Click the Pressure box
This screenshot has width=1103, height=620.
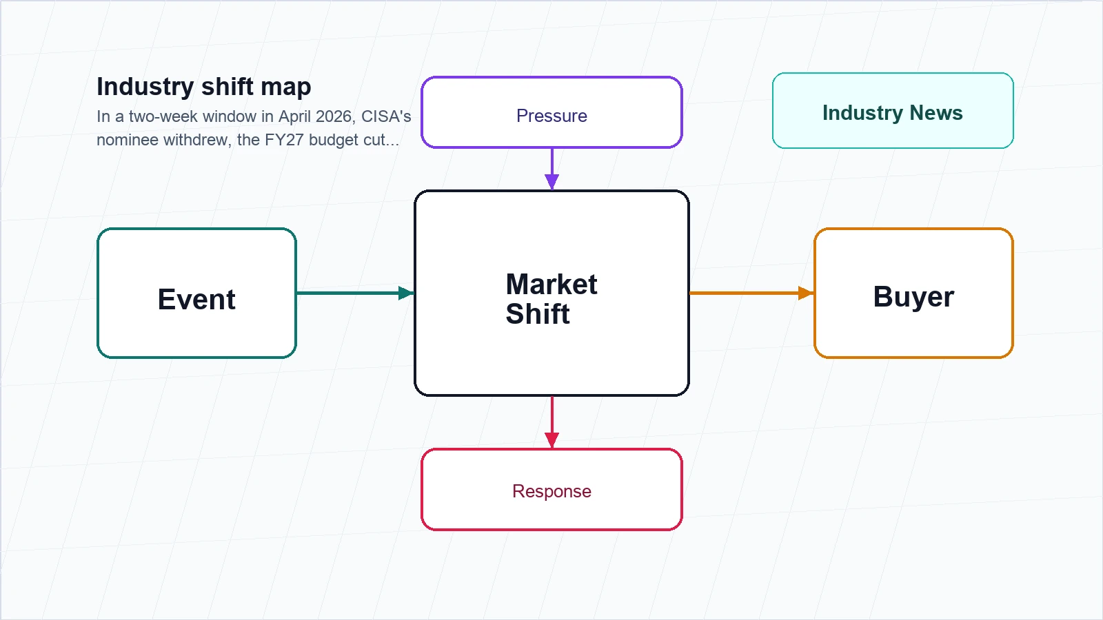point(551,112)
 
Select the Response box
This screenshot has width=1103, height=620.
point(551,490)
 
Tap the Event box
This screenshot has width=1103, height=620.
point(196,293)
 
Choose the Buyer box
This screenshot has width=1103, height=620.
point(913,293)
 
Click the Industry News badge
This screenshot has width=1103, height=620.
point(893,111)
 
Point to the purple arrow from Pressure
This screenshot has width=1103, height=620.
point(552,169)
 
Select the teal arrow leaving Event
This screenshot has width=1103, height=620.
point(355,293)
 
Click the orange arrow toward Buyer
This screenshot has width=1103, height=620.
point(751,293)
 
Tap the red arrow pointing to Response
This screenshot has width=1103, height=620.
point(552,422)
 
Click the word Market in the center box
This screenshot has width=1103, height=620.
point(551,284)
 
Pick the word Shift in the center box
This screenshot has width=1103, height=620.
point(538,313)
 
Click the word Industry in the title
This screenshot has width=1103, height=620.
point(145,87)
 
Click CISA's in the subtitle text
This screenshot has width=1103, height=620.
point(386,116)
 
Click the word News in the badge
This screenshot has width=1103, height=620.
point(936,113)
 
